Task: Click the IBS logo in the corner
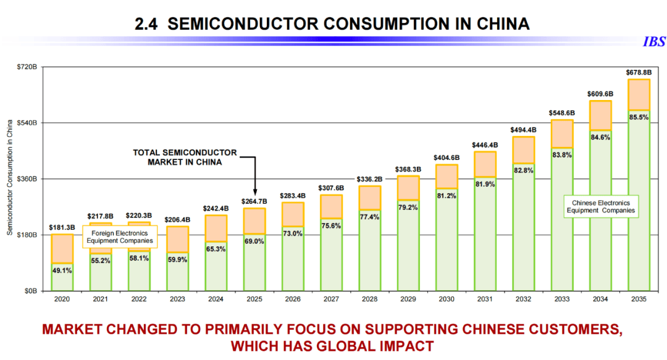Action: point(654,42)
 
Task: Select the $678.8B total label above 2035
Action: point(639,72)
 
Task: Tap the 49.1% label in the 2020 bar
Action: point(62,270)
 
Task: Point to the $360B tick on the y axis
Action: point(29,179)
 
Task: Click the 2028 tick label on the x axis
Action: point(369,299)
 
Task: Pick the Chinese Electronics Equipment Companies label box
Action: point(601,206)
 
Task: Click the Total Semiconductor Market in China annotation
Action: point(185,157)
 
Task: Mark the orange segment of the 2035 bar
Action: point(639,94)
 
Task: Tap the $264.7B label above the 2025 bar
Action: point(254,201)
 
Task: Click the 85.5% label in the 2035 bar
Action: point(639,117)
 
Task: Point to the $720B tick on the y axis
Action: point(29,67)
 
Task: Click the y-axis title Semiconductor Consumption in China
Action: point(10,178)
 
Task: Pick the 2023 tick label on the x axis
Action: point(178,299)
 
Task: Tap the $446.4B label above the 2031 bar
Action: point(485,145)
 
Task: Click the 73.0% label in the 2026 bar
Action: point(293,233)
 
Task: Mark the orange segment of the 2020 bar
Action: point(62,249)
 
